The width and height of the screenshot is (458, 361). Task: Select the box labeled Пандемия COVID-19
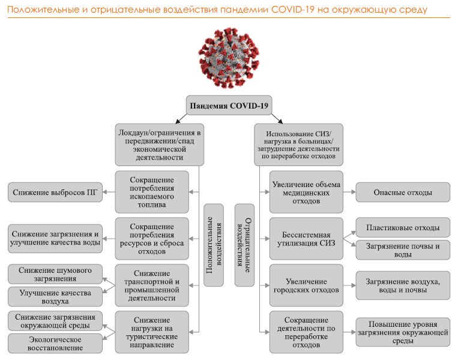229,106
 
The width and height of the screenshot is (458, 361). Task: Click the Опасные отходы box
402,192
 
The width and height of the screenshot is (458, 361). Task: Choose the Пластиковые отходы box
402,227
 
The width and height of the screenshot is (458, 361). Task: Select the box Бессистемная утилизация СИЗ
306,238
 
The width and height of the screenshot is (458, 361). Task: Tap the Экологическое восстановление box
55,343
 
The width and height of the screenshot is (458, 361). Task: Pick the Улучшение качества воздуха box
55,297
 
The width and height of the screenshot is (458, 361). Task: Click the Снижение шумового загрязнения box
55,274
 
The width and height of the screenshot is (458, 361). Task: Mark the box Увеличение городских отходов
306,285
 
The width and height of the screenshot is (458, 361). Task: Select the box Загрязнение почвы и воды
402,250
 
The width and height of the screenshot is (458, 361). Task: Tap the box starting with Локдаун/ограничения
159,144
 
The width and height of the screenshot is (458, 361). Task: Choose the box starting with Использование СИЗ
298,144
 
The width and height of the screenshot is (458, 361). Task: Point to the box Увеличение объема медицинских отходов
306,192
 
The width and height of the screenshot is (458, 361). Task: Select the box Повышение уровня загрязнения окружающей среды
402,332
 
